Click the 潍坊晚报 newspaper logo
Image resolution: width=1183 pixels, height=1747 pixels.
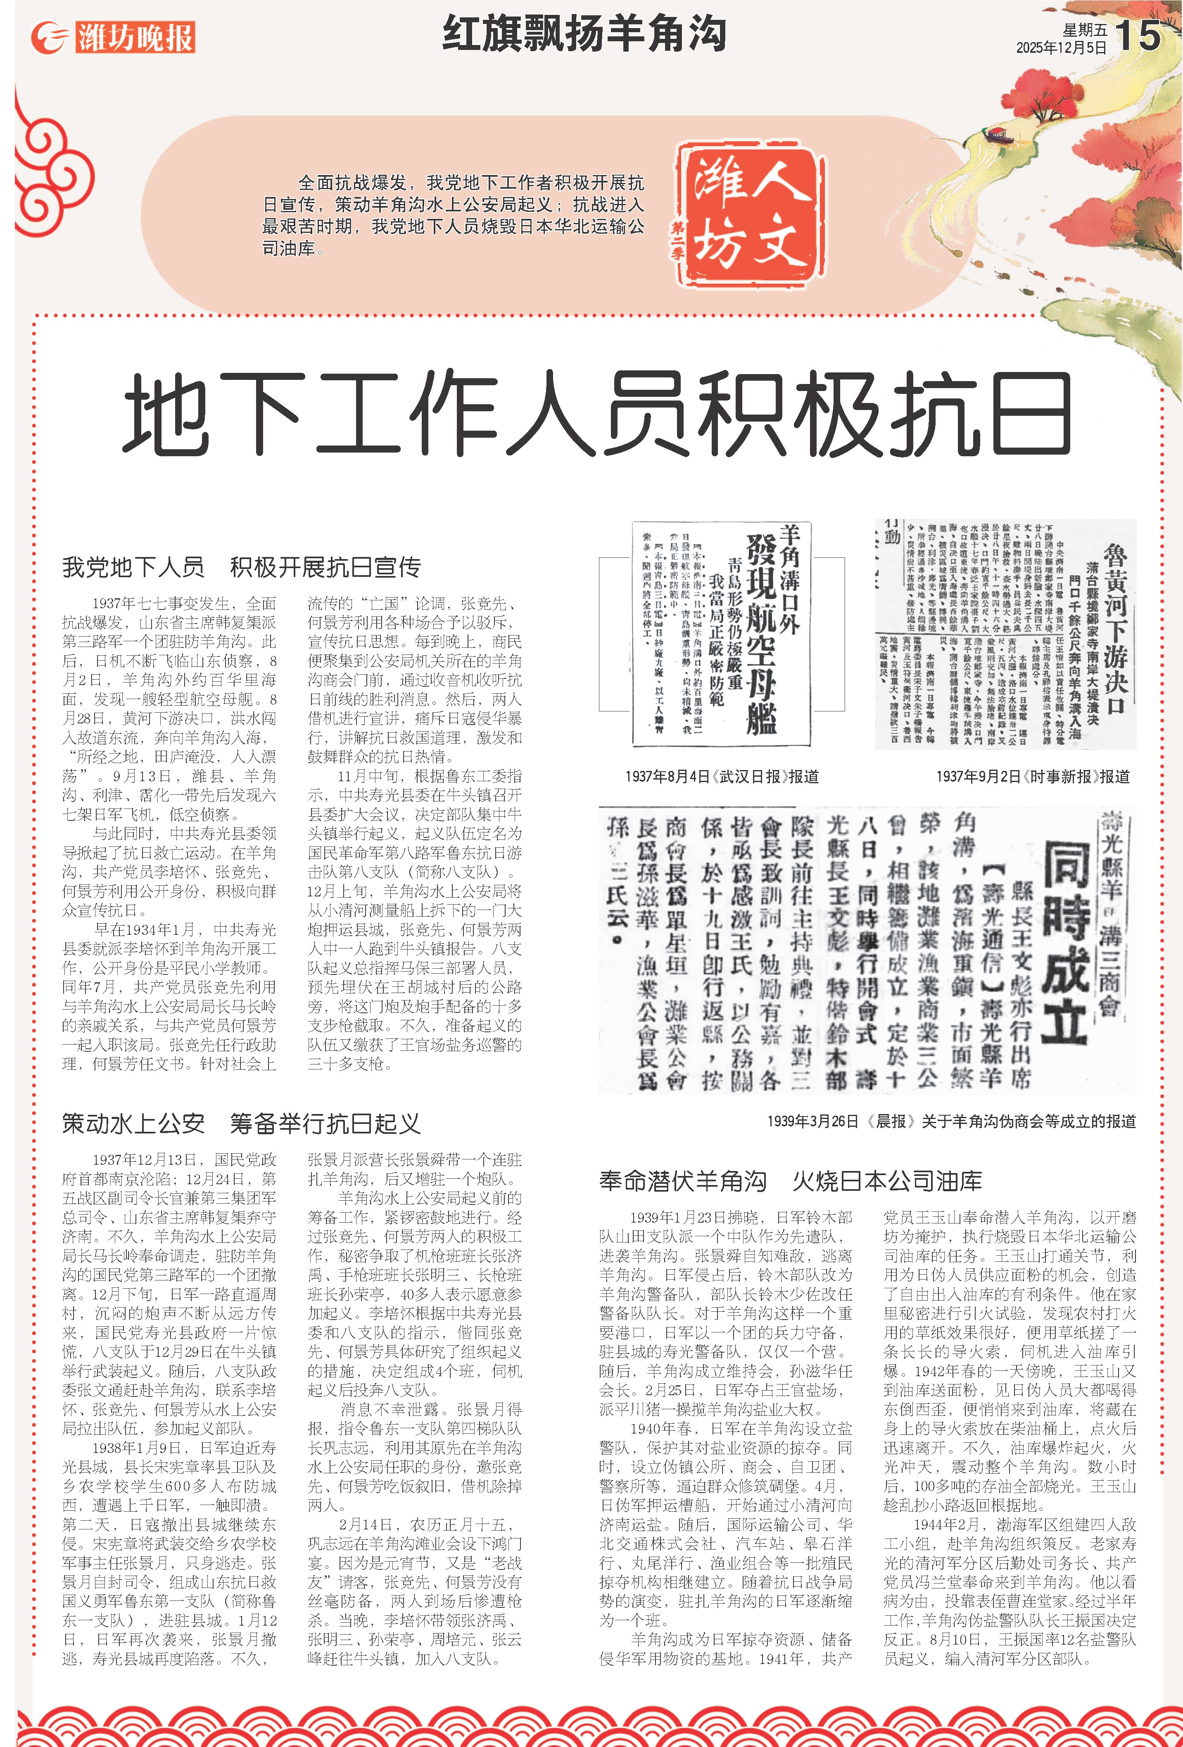(113, 37)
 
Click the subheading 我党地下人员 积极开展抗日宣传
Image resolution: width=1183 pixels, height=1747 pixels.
(241, 567)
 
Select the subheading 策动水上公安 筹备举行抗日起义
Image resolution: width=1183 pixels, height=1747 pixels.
(241, 1124)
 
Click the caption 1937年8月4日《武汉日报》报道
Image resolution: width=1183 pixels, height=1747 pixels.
(722, 777)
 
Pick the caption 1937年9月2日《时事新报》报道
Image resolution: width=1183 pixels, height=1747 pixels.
(1033, 777)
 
